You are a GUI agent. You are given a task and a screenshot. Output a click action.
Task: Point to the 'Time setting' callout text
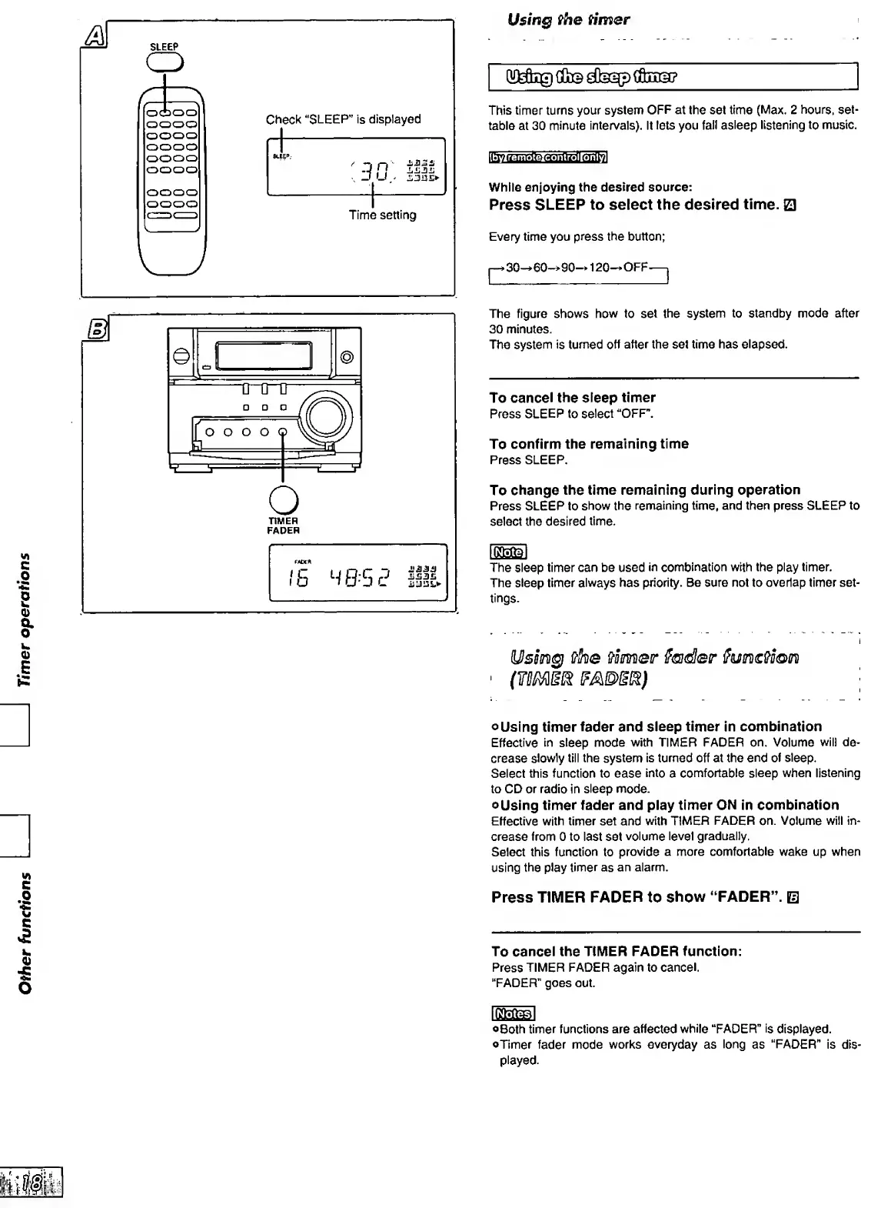(382, 215)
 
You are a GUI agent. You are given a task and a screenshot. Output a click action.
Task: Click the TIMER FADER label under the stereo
(283, 526)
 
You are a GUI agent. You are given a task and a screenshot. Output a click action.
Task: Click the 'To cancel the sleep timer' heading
(572, 398)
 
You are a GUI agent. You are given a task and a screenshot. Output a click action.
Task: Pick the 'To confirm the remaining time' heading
(589, 444)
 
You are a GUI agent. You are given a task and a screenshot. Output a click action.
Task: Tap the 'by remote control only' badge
(548, 159)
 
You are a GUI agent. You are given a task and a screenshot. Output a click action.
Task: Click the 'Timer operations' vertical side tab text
(27, 619)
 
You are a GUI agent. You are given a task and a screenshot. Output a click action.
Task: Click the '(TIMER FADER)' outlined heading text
(578, 680)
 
